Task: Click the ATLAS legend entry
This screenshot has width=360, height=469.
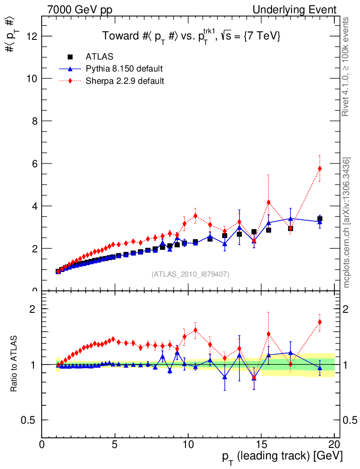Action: (x=99, y=57)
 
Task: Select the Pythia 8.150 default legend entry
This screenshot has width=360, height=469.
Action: (x=124, y=69)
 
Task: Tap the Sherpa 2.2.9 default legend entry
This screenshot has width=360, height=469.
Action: (x=125, y=81)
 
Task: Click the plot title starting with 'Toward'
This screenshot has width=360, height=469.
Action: (x=191, y=36)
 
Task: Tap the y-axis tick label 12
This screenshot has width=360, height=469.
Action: (x=31, y=36)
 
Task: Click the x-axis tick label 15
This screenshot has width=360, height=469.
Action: (x=261, y=445)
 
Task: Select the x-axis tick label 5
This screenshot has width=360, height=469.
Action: (x=115, y=445)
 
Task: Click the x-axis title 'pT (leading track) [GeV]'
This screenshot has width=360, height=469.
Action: (x=283, y=457)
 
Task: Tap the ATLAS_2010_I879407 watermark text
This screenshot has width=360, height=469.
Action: (x=191, y=274)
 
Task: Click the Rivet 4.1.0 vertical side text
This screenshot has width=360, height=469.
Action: (x=347, y=67)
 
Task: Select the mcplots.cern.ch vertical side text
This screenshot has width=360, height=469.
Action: (x=347, y=223)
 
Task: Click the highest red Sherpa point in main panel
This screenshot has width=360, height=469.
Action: (x=320, y=169)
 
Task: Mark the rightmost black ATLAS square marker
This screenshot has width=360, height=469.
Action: (x=320, y=219)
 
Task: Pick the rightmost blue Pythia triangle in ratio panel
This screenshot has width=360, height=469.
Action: (x=320, y=368)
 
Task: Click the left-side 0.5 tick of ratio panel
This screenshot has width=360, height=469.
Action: (x=30, y=420)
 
